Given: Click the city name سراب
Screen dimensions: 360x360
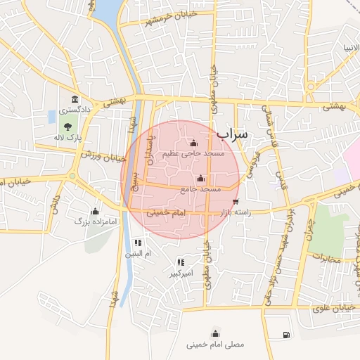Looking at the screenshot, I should coord(233,133).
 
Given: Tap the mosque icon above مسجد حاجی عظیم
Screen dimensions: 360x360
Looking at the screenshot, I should coord(193,143).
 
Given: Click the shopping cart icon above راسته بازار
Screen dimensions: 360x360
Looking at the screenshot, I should coord(235,202).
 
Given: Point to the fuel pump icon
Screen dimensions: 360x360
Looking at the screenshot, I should coord(285,335).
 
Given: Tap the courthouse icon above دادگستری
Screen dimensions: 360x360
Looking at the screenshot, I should coord(73,100).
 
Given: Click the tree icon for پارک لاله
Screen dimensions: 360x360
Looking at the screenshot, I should coord(68,127).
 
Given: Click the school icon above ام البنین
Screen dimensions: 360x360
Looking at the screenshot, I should coord(137,243).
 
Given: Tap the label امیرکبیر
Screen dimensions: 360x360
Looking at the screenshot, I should coord(180,272).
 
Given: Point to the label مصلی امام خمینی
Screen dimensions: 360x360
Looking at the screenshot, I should coord(215,345).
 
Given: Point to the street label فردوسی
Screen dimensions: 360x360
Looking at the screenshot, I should coord(251,164).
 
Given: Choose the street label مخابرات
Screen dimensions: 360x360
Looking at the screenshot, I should coord(326,259).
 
